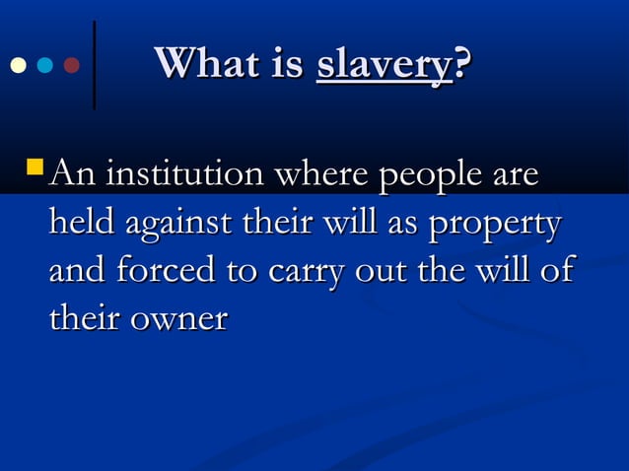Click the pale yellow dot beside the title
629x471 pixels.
pyautogui.click(x=17, y=66)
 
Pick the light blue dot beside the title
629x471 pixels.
pyautogui.click(x=43, y=66)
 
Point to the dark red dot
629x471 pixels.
pyautogui.click(x=71, y=66)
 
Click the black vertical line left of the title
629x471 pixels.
pyautogui.click(x=94, y=64)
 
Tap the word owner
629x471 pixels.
pyautogui.click(x=179, y=319)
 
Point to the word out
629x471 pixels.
pyautogui.click(x=374, y=272)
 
